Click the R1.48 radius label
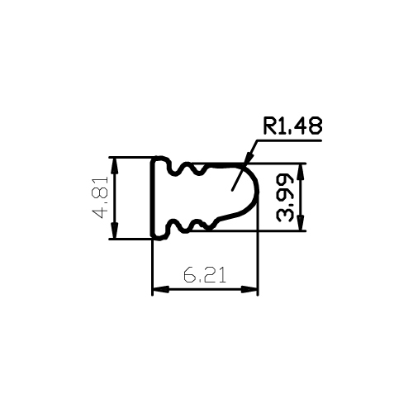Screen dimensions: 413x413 292,126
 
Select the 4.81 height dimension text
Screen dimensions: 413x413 100,197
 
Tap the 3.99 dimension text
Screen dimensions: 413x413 285,197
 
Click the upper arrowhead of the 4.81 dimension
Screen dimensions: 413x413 115,166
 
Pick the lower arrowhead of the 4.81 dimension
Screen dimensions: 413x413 115,230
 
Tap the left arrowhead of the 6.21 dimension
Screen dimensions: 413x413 161,289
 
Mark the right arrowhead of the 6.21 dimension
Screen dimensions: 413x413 249,289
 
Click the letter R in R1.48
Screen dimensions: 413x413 269,126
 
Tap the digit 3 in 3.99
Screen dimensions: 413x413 285,216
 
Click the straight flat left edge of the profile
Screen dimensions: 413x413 152,198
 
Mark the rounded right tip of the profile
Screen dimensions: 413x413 259,190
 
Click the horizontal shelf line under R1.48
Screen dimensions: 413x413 289,140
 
